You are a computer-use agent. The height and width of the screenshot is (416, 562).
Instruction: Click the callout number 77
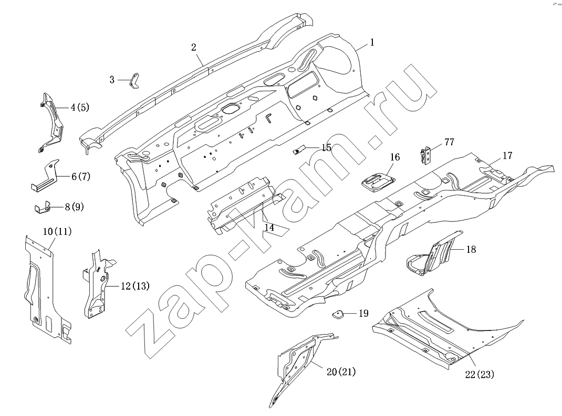click(x=449, y=142)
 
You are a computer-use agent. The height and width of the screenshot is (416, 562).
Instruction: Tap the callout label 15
click(x=326, y=148)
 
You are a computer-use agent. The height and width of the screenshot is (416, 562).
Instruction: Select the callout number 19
click(x=363, y=314)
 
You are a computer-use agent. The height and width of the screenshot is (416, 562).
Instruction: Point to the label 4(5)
click(x=79, y=108)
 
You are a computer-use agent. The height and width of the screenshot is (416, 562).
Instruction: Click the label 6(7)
click(x=81, y=176)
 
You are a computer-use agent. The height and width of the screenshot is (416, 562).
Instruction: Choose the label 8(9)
click(x=74, y=207)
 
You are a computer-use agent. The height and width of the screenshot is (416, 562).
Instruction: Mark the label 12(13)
click(x=135, y=286)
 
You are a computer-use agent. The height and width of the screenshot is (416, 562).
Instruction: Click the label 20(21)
click(x=341, y=372)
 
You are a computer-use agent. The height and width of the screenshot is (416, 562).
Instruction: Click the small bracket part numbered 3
click(x=134, y=81)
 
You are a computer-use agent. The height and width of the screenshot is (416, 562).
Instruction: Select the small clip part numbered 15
click(x=298, y=150)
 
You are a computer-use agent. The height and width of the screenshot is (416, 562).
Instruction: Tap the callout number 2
click(x=193, y=47)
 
